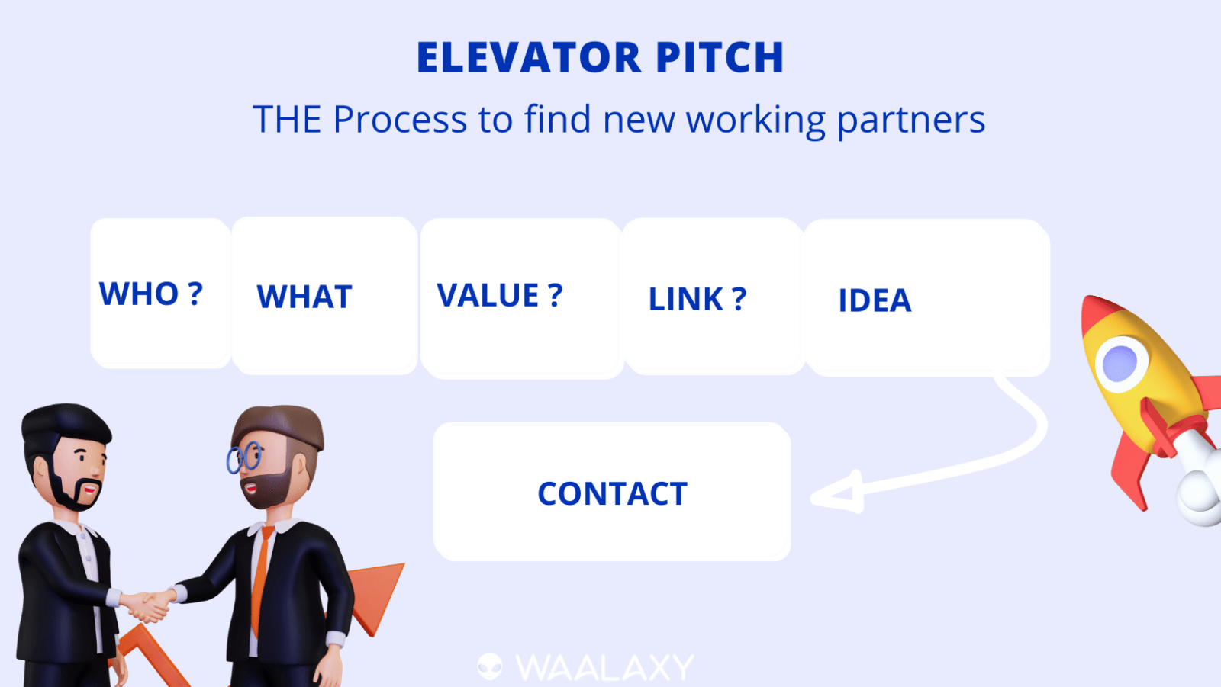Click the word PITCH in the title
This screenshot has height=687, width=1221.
tap(720, 57)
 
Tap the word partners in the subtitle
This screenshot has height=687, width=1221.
tap(911, 120)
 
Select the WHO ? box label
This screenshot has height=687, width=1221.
tap(151, 294)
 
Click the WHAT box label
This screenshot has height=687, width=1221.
tap(304, 297)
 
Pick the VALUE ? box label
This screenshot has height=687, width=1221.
tap(500, 295)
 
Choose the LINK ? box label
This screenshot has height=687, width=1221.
tap(697, 299)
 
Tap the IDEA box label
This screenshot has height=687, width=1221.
tap(875, 300)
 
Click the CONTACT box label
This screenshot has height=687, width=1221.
tap(612, 493)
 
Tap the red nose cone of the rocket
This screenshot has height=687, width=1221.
tap(1098, 314)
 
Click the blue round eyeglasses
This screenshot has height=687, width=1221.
tap(244, 457)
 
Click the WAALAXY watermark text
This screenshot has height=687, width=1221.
tap(604, 667)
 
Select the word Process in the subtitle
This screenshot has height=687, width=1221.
tap(400, 119)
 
